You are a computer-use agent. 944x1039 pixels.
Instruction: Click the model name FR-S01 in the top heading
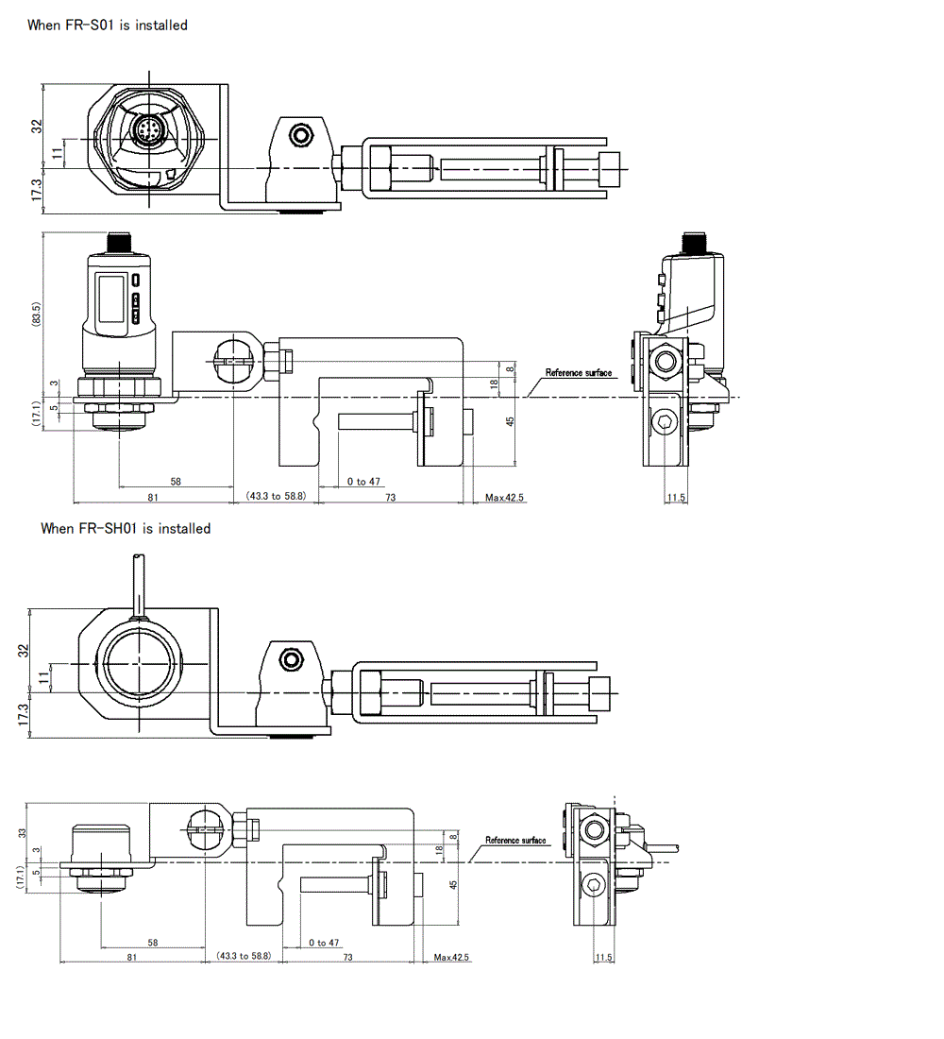point(91,26)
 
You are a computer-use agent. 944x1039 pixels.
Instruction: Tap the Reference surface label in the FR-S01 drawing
point(579,374)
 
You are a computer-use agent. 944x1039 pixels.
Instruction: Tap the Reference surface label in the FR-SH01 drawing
point(515,841)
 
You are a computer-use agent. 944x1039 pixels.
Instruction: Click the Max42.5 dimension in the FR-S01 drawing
point(504,498)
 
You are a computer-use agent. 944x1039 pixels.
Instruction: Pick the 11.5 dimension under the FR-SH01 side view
point(604,958)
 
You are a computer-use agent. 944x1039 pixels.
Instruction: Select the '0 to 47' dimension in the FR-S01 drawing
point(363,483)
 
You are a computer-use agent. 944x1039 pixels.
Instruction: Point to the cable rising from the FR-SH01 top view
point(139,586)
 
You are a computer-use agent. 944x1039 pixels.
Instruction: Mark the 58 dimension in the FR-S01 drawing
point(176,482)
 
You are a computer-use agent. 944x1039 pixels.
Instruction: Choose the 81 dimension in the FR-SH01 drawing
point(132,958)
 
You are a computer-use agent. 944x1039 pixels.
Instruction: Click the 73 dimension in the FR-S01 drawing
point(390,497)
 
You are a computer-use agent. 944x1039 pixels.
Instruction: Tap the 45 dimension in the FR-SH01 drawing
point(453,885)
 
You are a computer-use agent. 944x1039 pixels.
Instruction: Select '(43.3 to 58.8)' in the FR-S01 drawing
point(276,496)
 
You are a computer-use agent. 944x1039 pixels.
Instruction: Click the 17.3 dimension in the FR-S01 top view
point(36,190)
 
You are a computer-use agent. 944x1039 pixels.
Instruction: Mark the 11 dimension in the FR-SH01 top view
point(41,677)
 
